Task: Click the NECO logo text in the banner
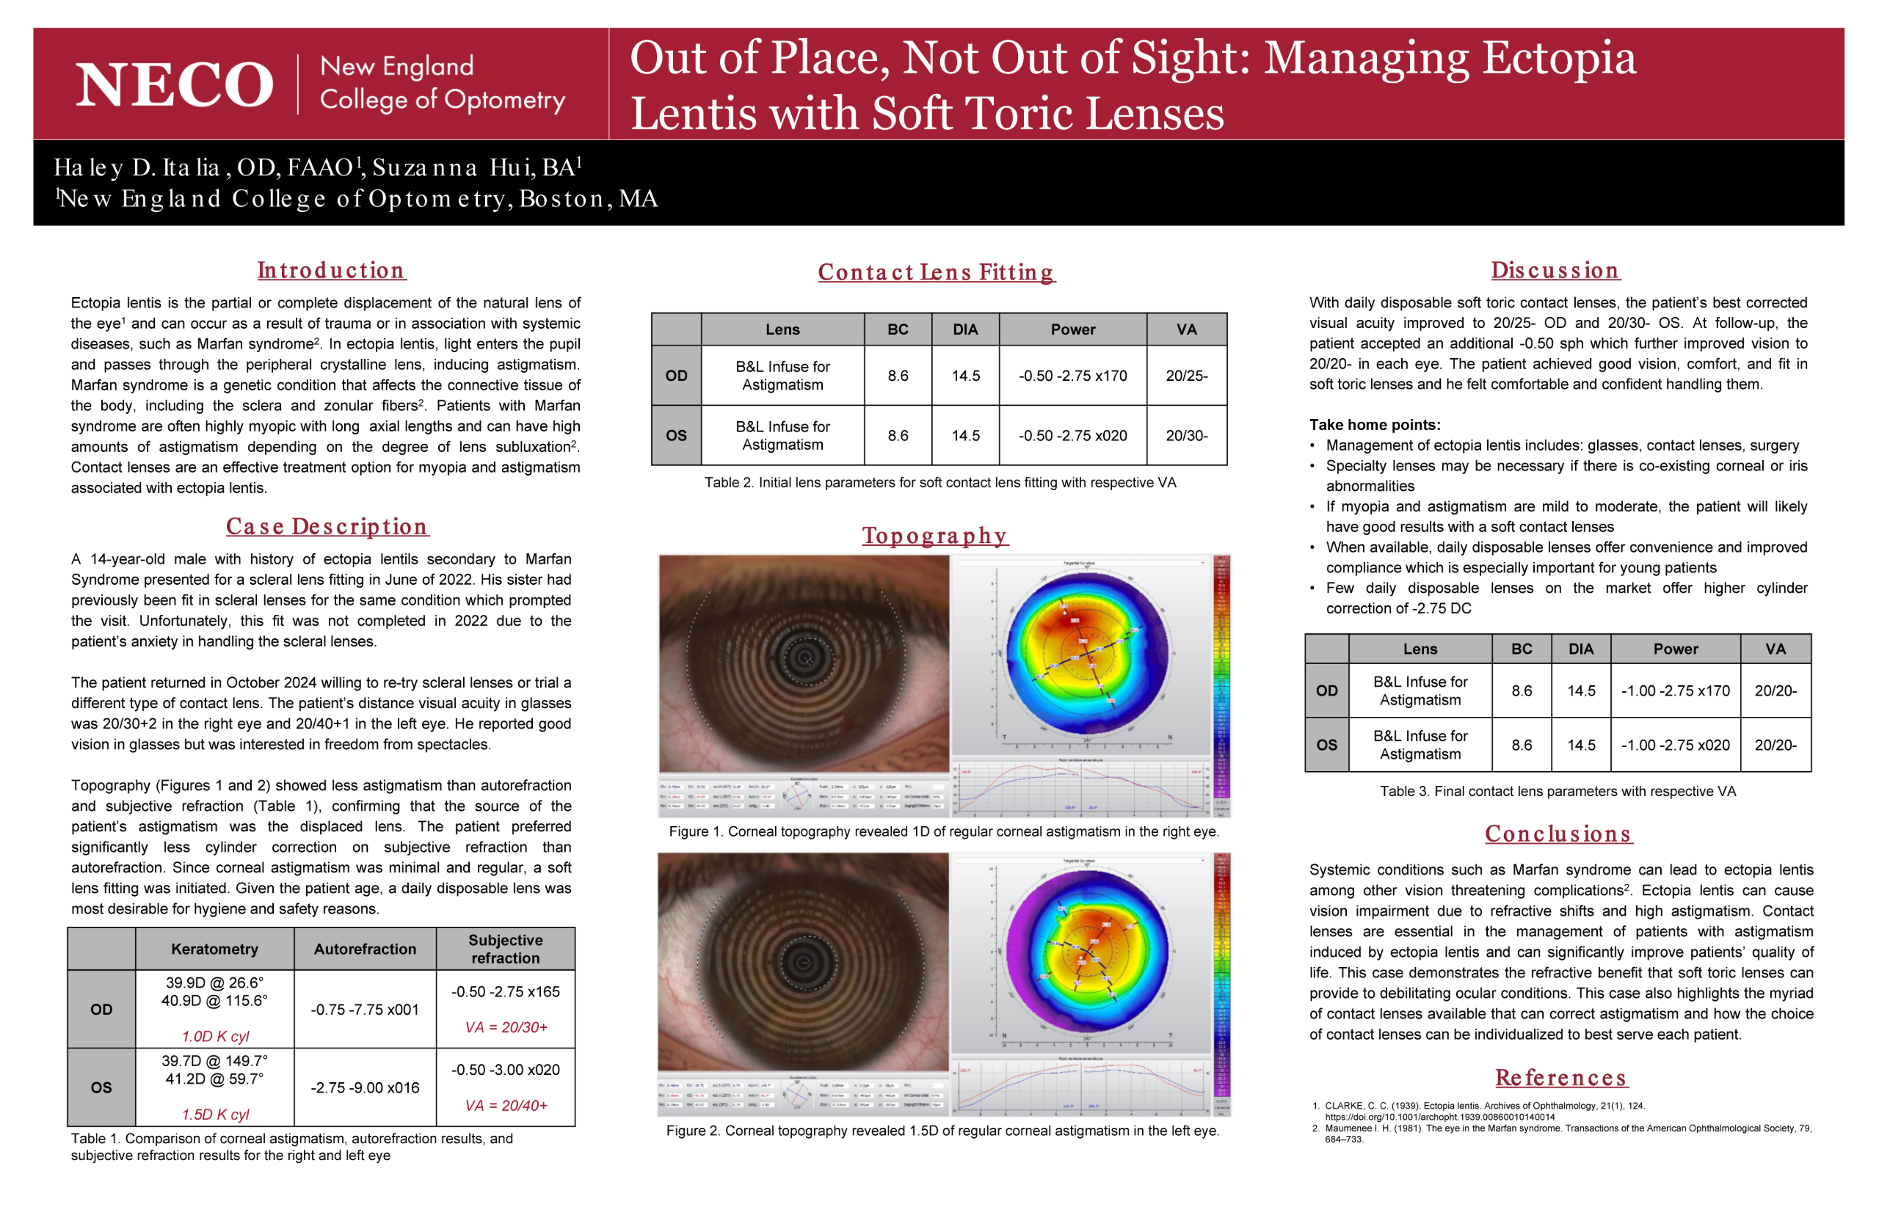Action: [174, 84]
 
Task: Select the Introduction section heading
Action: [331, 271]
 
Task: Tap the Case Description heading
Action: [327, 527]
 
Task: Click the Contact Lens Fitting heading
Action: [936, 272]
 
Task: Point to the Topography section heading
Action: [934, 536]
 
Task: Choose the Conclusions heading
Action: [1558, 834]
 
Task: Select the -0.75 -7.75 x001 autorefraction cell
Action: [365, 1010]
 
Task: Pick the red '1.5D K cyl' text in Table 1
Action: [216, 1115]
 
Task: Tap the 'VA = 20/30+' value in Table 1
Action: [506, 1027]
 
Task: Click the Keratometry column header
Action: [214, 949]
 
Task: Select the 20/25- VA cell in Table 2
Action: [1186, 376]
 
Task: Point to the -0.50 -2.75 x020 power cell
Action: [1072, 436]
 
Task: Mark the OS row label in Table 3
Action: [1326, 745]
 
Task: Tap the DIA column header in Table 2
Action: [965, 330]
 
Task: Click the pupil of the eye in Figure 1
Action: [805, 657]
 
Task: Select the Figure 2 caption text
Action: [942, 1130]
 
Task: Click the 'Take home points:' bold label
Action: [1374, 425]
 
